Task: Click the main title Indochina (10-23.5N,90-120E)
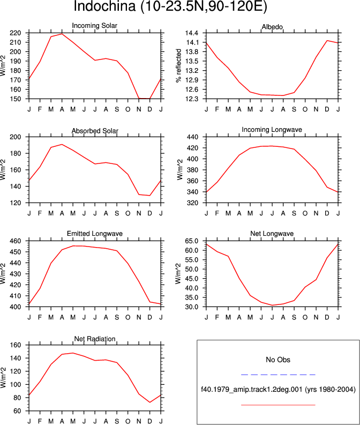tap(170, 6)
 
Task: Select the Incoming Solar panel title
tap(94, 26)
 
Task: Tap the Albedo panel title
tap(272, 27)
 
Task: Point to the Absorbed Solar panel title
tap(95, 131)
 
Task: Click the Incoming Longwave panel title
tap(272, 130)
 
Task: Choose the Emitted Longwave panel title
tap(94, 234)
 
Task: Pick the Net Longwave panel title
tap(272, 234)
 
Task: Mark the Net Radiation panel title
tap(95, 339)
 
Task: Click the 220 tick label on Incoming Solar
tap(16, 33)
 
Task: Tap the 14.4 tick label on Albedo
tap(192, 33)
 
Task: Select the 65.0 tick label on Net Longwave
tap(192, 241)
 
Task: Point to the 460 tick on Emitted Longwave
tap(16, 241)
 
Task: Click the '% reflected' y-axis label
tap(178, 65)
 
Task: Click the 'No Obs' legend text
tap(278, 360)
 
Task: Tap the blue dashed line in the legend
tap(278, 375)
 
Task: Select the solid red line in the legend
tap(278, 405)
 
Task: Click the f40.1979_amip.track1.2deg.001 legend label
tap(251, 390)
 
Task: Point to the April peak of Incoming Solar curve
tap(62, 34)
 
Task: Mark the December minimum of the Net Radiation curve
tap(150, 402)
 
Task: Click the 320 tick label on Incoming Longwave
tap(193, 203)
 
